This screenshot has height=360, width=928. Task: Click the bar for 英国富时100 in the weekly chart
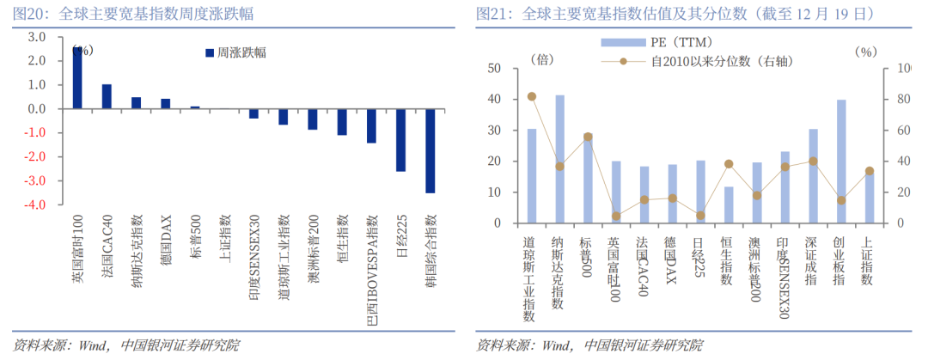[x=77, y=78]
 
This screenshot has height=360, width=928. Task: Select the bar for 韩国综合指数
[x=430, y=150]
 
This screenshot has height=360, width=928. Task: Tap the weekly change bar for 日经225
[x=400, y=140]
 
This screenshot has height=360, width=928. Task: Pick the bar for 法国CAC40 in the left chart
[x=107, y=96]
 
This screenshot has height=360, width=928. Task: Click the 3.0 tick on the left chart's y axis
[x=36, y=38]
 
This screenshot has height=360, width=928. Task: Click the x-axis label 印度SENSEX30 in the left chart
[x=254, y=257]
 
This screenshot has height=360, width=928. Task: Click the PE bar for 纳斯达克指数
[x=560, y=159]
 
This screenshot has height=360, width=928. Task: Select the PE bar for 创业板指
[x=841, y=162]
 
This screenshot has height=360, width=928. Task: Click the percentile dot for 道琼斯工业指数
[x=532, y=97]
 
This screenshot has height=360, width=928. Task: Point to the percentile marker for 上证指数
[x=869, y=171]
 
